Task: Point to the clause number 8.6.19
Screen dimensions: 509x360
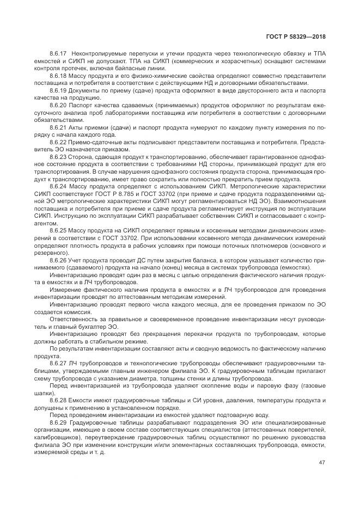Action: [x=58, y=90]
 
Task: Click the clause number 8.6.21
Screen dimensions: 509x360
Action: [x=58, y=127]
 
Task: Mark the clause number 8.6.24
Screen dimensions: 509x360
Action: [x=58, y=186]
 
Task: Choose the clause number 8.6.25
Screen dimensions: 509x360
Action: [x=58, y=231]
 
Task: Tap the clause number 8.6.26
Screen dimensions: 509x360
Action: [x=58, y=260]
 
